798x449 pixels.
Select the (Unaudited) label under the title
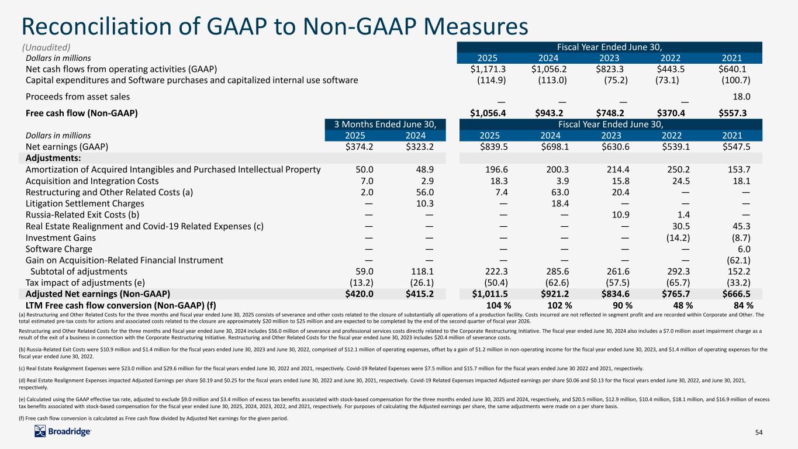tap(47, 47)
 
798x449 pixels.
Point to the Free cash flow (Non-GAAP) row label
tap(82, 113)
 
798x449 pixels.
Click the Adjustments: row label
tap(53, 158)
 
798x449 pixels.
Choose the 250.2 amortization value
tap(679, 170)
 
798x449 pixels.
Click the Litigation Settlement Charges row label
tap(85, 203)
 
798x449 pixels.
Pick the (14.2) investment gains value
tap(679, 237)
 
